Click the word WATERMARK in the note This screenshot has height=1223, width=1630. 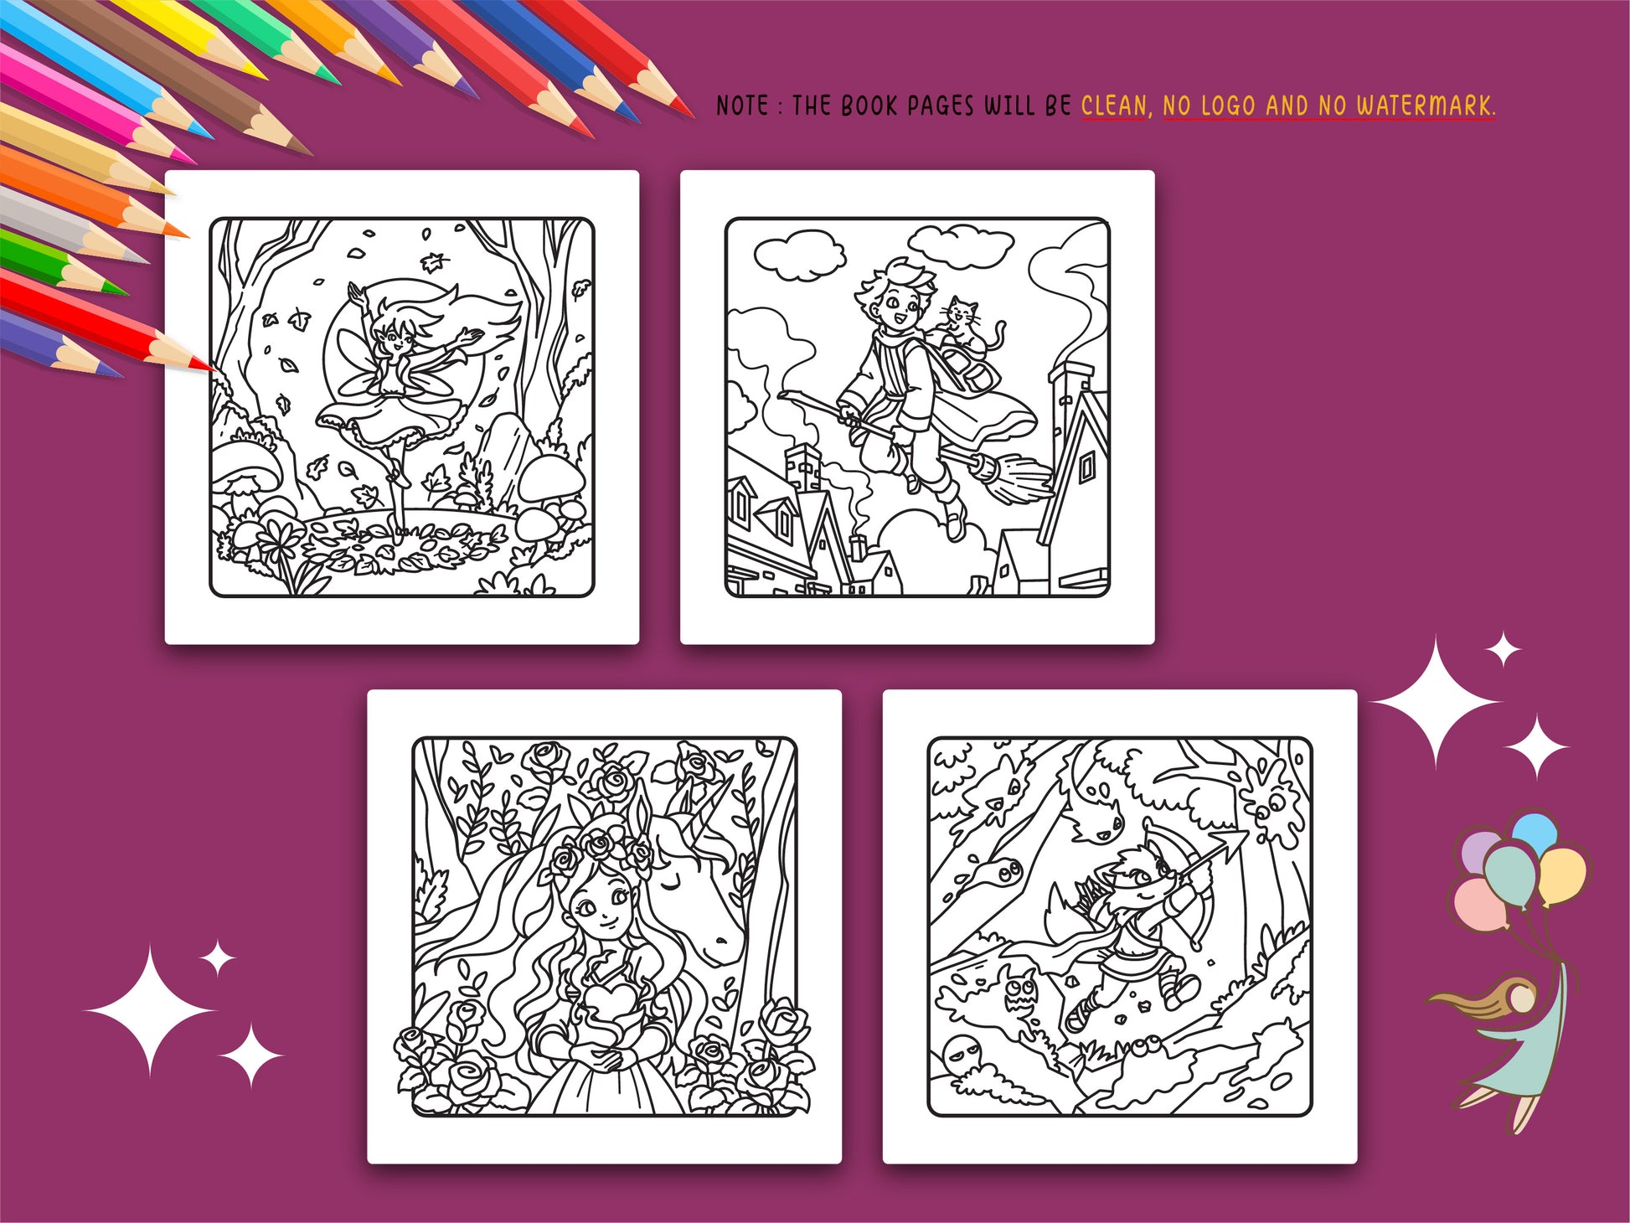tap(1426, 106)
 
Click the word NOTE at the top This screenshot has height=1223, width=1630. tap(742, 106)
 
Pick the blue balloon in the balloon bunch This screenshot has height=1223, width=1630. tap(1535, 831)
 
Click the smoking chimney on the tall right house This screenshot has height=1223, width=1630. tap(1070, 377)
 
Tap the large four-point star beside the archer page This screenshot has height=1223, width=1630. tap(1437, 701)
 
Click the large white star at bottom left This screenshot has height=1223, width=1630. tap(151, 1011)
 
